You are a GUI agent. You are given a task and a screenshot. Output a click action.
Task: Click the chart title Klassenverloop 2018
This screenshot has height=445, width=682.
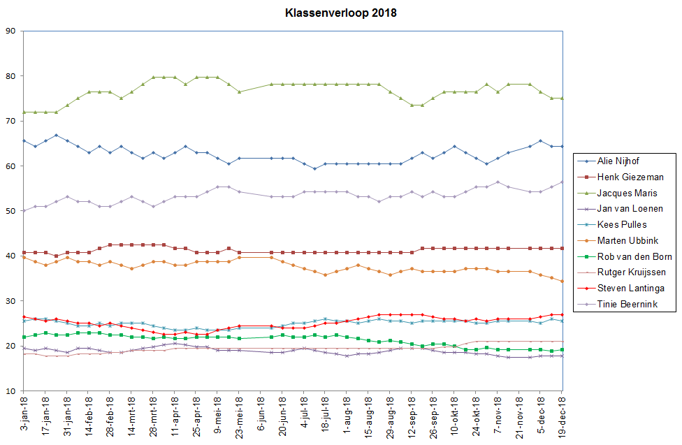[340, 13]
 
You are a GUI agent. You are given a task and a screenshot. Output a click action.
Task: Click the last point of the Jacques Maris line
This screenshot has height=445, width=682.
[563, 99]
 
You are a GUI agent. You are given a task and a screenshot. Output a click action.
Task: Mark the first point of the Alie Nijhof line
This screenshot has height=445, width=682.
[24, 140]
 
